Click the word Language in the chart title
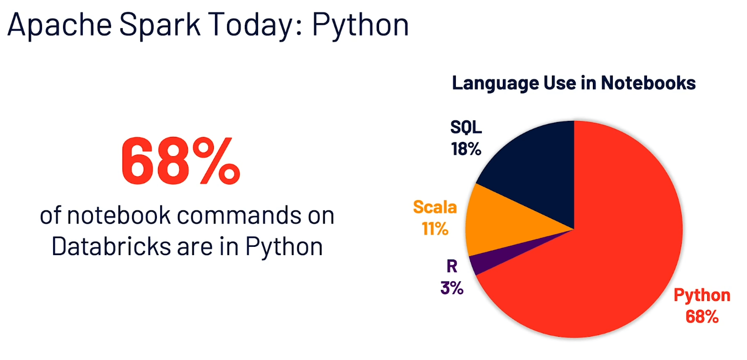pyautogui.click(x=495, y=83)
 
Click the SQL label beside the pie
pyautogui.click(x=466, y=128)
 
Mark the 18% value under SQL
pyautogui.click(x=466, y=149)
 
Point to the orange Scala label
pyautogui.click(x=435, y=208)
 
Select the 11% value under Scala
pyautogui.click(x=435, y=228)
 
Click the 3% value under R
pyautogui.click(x=451, y=288)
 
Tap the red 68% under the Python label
pyautogui.click(x=702, y=316)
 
